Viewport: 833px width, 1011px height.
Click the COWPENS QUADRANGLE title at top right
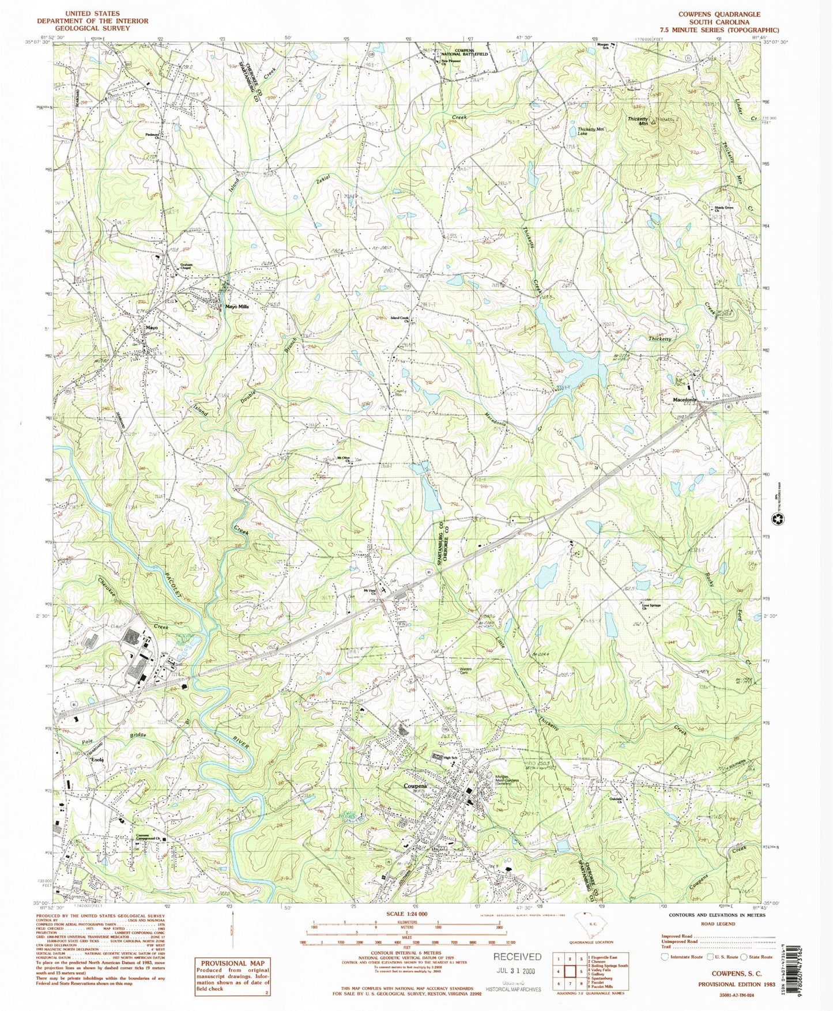point(728,14)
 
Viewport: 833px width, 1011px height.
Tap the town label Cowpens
point(415,786)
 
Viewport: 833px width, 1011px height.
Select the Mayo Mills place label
point(237,307)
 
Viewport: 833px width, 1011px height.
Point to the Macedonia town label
point(685,399)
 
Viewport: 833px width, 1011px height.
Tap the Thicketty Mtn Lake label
point(590,131)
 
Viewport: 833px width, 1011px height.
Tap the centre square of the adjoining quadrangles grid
point(570,970)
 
